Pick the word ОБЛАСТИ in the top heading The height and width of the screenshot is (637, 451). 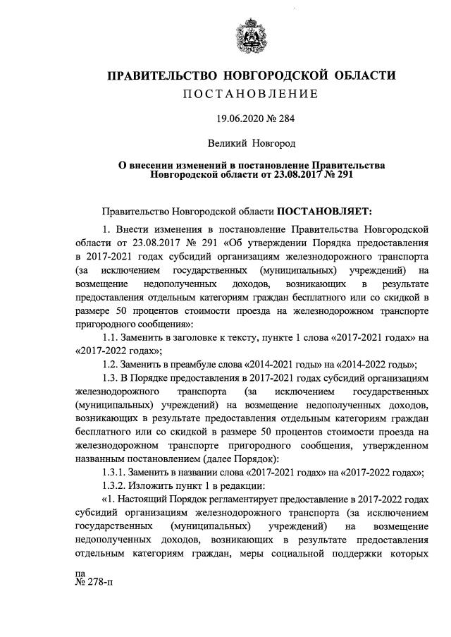[x=363, y=75]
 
